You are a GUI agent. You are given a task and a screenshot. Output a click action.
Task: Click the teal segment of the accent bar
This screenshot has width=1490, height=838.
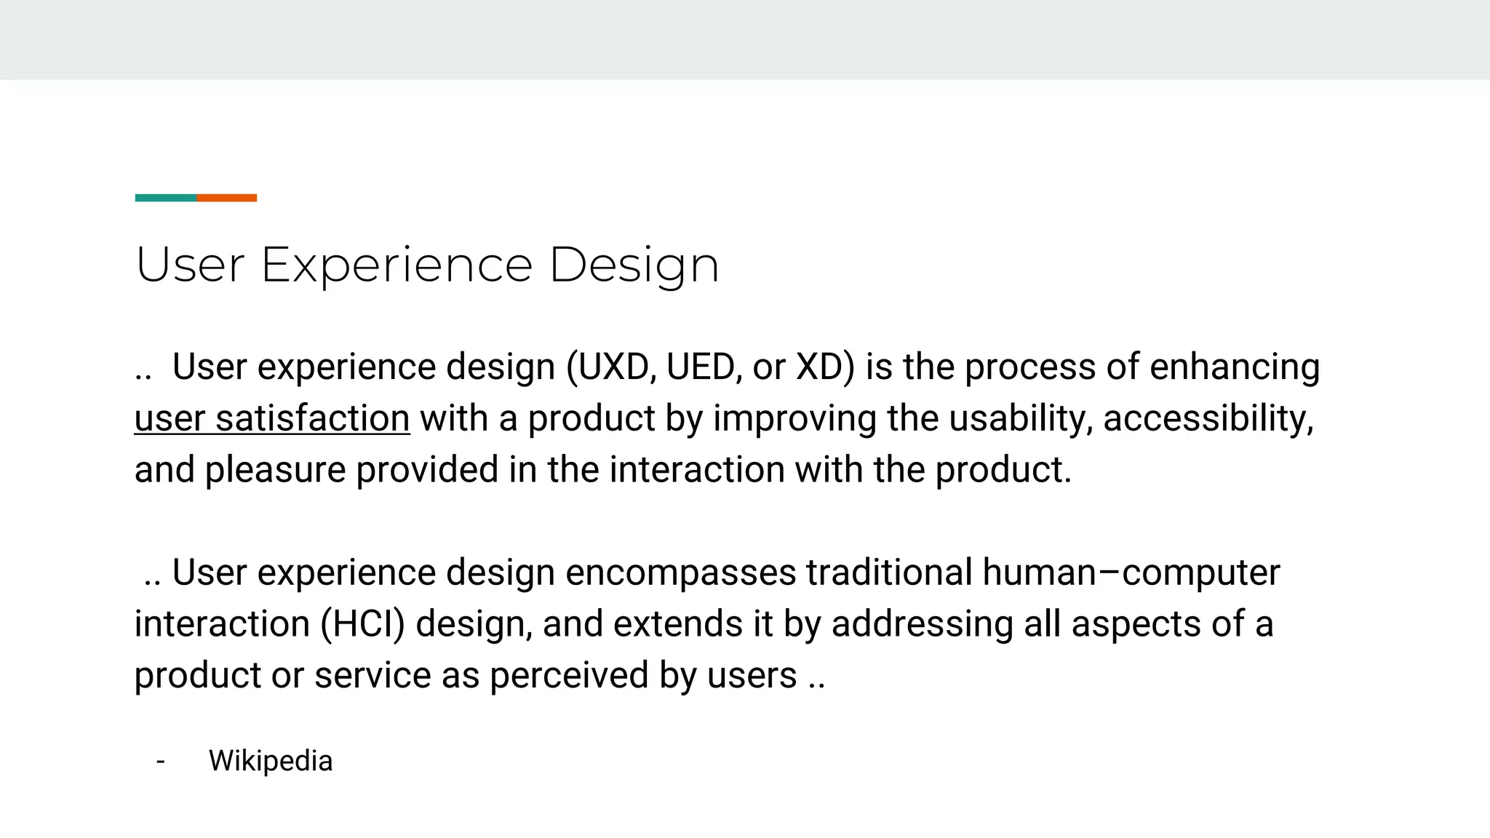[x=165, y=198]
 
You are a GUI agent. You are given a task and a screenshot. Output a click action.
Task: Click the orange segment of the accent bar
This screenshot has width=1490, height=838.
[x=226, y=198]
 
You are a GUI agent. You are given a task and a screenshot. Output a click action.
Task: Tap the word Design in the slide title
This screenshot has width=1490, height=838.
[x=634, y=265]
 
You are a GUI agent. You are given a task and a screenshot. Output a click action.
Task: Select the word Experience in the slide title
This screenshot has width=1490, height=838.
[x=397, y=265]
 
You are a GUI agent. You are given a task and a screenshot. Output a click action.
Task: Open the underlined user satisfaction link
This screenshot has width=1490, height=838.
[x=272, y=418]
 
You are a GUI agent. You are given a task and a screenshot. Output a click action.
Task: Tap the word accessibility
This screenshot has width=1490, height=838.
[x=1208, y=418]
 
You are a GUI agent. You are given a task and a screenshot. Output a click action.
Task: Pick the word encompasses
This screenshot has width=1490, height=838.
[x=680, y=572]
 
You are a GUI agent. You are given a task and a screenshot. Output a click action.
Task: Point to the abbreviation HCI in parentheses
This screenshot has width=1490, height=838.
[x=362, y=624]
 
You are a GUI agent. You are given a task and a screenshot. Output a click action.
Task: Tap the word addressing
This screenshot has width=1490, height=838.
[x=923, y=624]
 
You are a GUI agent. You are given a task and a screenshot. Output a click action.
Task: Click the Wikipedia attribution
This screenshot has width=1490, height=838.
[x=271, y=761]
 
